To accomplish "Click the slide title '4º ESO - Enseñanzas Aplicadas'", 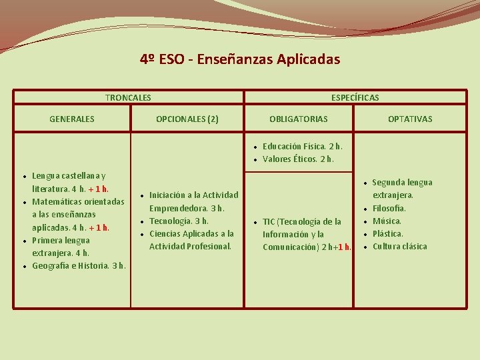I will tap(240, 59).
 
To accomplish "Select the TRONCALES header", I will tap(128, 97).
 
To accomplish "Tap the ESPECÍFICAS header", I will tap(355, 97).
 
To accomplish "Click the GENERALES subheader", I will tap(72, 119).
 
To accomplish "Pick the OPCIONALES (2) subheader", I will tap(187, 119).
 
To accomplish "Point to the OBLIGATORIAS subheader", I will tap(298, 119).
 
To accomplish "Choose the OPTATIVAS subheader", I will tap(410, 119).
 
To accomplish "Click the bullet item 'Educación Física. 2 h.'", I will tap(302, 146).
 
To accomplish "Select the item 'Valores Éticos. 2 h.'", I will tap(298, 159).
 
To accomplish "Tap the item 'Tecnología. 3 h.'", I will tap(179, 221).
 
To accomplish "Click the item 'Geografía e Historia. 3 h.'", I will tap(79, 266).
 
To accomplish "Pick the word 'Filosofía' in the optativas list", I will tap(389, 208).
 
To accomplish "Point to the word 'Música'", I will tap(387, 221).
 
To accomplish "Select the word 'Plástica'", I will tap(387, 234).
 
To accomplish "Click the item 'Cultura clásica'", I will tap(399, 247).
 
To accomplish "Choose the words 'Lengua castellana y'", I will tap(68, 175).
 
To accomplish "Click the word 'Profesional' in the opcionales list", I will tap(210, 247).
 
